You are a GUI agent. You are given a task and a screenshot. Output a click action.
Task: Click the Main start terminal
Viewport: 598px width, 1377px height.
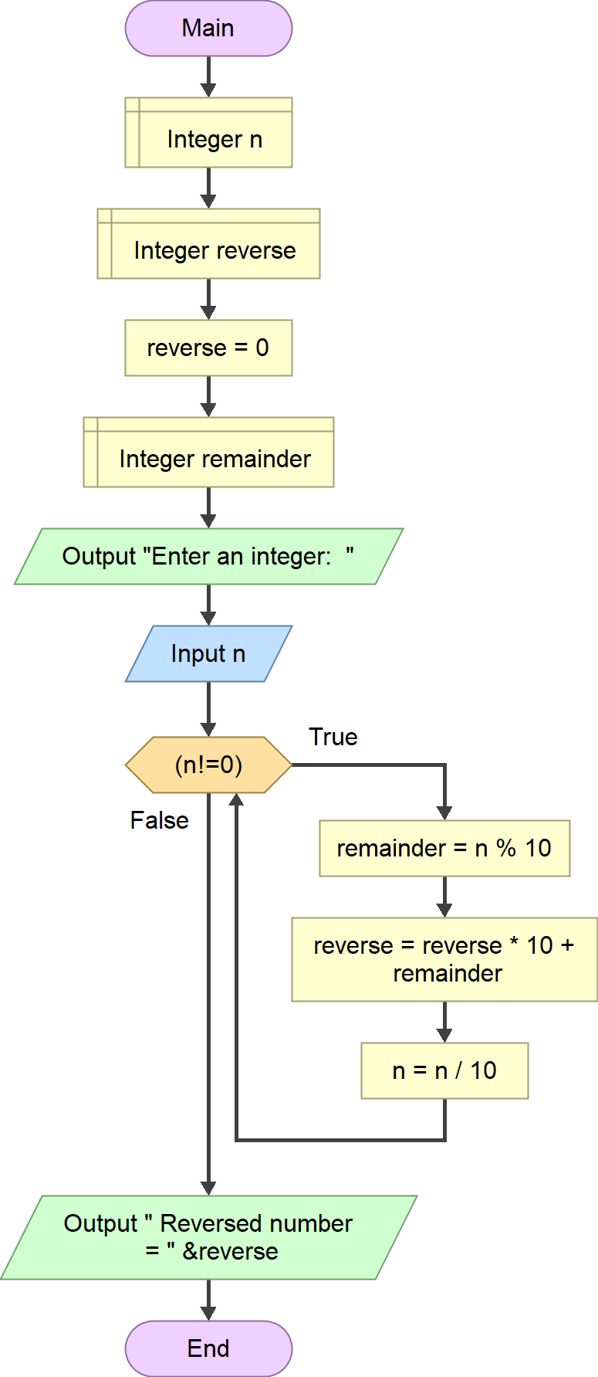(208, 29)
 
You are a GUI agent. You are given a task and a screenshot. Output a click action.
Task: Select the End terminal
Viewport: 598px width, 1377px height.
(208, 1348)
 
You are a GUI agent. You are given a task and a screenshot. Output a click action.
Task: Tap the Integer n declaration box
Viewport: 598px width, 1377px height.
(208, 132)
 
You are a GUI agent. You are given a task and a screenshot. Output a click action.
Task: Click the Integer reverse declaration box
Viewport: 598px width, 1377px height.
(208, 243)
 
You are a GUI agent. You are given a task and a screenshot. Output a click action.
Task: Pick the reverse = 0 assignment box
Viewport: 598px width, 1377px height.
(208, 348)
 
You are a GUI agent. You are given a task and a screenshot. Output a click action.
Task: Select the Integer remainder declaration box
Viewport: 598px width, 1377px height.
(208, 452)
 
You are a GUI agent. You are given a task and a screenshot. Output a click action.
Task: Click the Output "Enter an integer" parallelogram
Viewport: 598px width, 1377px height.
(208, 556)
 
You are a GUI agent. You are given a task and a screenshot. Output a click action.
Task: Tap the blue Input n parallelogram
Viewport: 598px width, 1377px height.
(208, 653)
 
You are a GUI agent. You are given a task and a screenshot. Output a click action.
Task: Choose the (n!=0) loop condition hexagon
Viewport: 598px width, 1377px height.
(208, 765)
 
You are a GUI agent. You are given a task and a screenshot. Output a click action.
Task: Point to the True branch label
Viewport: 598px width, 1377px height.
(333, 737)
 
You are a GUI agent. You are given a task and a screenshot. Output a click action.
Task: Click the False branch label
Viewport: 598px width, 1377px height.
(159, 820)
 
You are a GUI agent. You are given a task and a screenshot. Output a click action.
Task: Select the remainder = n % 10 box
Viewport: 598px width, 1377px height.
(444, 848)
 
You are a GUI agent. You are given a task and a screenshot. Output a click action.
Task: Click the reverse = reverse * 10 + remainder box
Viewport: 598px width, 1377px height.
(444, 959)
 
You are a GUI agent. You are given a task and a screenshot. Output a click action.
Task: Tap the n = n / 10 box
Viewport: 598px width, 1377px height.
(444, 1070)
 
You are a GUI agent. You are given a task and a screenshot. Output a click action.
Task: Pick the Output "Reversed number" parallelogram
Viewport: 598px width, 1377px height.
(208, 1237)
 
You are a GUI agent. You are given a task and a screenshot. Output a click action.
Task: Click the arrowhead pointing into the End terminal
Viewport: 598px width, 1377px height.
(208, 1313)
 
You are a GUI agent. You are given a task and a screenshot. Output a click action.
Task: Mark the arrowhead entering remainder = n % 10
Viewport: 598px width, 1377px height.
(444, 812)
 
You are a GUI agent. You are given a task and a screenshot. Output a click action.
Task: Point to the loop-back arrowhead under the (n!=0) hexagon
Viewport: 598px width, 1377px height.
(236, 800)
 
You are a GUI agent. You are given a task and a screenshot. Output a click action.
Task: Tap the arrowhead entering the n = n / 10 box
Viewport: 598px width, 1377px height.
(444, 1035)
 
